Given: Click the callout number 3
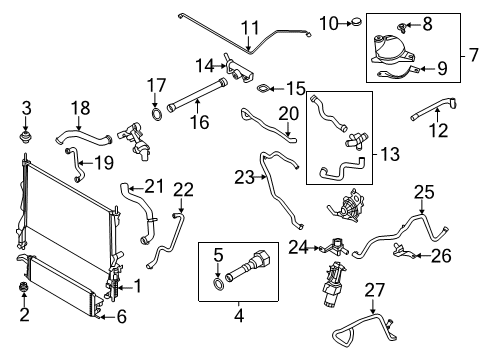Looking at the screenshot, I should point(27,108).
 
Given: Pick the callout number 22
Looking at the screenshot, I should point(183,191).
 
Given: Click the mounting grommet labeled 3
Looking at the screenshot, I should point(27,130).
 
